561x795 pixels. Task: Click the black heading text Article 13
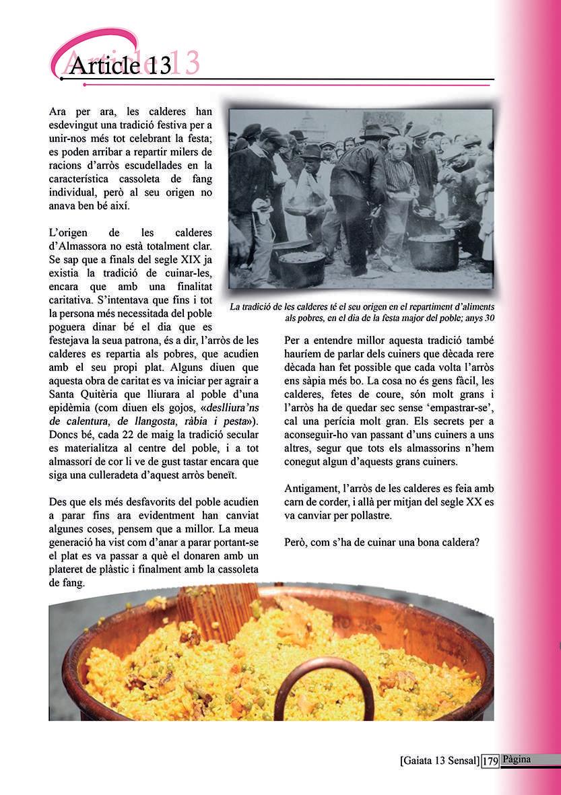(120, 65)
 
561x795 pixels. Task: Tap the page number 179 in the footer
(490, 761)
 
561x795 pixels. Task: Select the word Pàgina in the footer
(516, 759)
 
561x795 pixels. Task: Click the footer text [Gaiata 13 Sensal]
(440, 761)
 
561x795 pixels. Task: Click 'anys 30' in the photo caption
(477, 318)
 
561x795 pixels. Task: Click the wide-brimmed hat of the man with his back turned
(373, 132)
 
